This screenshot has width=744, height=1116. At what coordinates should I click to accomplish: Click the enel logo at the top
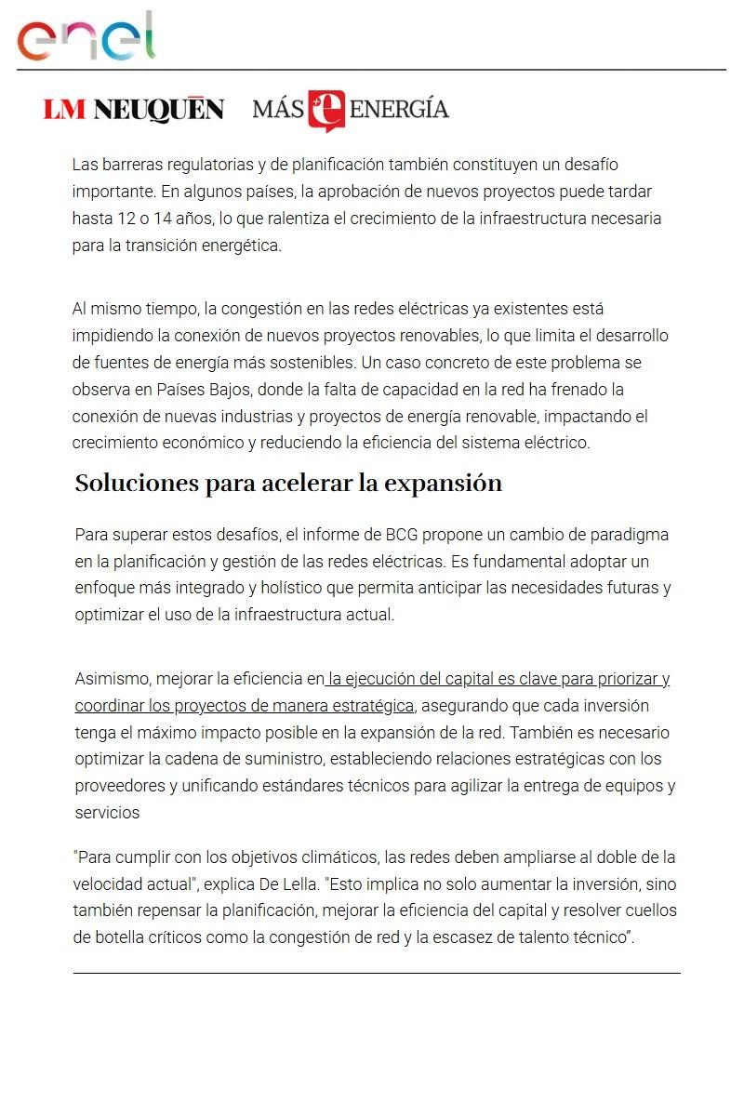click(x=86, y=37)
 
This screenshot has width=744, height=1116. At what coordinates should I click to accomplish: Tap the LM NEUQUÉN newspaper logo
click(x=133, y=110)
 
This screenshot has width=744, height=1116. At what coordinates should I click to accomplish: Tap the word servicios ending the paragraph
click(x=107, y=813)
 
